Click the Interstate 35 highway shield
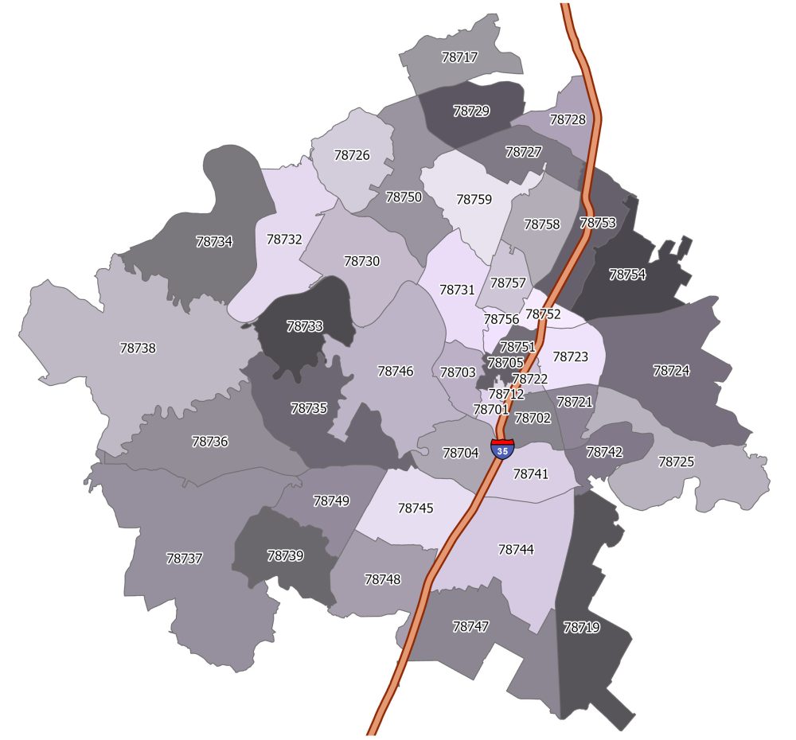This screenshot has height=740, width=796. point(502,448)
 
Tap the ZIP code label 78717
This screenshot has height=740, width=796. point(459,57)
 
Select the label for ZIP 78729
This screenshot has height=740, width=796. point(471,111)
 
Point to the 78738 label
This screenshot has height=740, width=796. point(138,349)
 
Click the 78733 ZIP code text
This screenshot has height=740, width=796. point(305,326)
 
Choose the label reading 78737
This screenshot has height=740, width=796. point(185,559)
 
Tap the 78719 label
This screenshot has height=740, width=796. point(581,627)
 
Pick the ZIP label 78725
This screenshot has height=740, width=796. point(676,462)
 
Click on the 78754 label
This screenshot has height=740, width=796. point(627,275)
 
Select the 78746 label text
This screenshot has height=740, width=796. point(396,371)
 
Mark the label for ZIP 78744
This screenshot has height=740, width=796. point(516,550)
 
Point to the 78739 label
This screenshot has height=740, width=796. point(285,555)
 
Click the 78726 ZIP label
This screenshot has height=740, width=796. point(352,155)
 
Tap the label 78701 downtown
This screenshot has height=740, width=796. point(490,410)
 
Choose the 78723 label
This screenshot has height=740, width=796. point(570,357)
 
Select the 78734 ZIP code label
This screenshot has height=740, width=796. point(214,242)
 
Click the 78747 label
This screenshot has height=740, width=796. point(470,626)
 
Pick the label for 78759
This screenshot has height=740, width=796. point(474,200)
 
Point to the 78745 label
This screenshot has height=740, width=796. point(416,508)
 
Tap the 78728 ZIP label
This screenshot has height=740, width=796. point(568,119)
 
